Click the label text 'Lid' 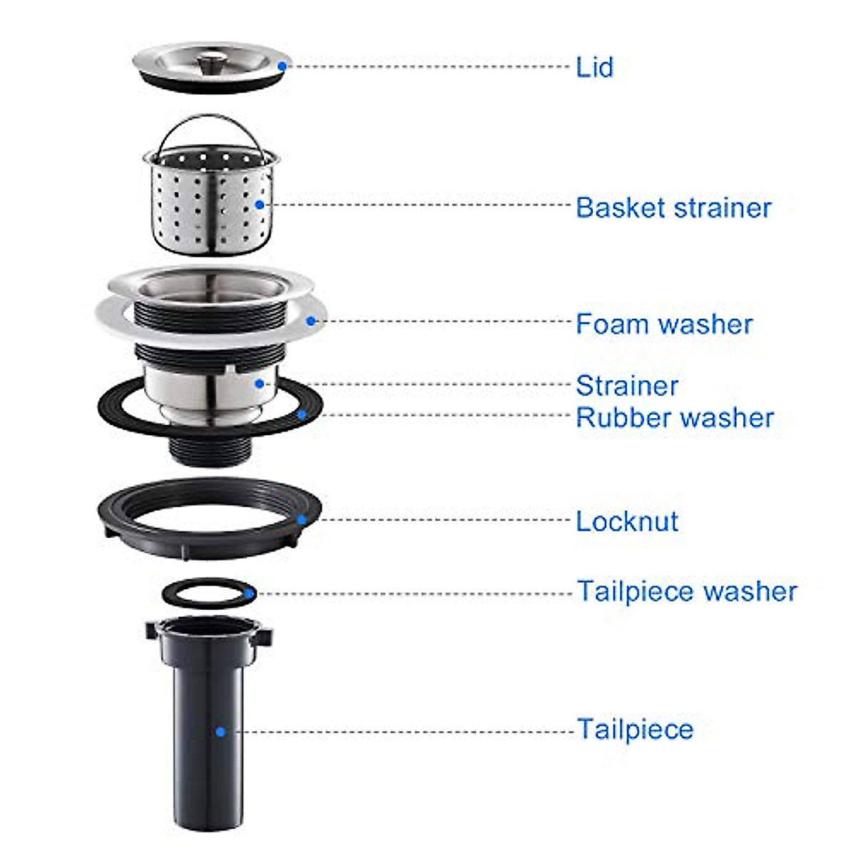click(594, 67)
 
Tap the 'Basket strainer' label click(673, 208)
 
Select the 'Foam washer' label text click(663, 324)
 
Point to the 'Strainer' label click(626, 385)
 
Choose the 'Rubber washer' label click(674, 417)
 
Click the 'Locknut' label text click(626, 521)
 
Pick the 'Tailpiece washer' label click(686, 591)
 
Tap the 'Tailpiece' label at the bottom click(634, 729)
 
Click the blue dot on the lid click(282, 66)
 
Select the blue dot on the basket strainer click(260, 205)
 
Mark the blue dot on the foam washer click(311, 321)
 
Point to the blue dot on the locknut click(302, 520)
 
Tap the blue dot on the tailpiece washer click(249, 593)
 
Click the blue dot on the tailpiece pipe click(220, 731)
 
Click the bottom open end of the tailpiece click(208, 824)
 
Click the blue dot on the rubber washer click(302, 414)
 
